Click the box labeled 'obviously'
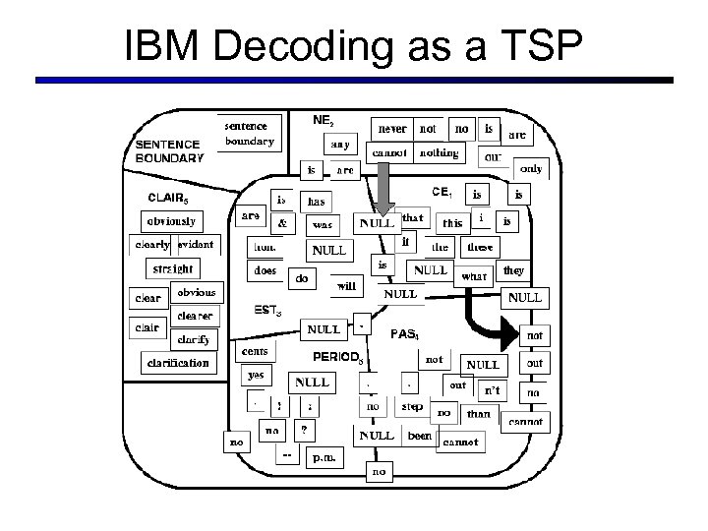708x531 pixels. pos(172,220)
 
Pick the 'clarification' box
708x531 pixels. pos(178,362)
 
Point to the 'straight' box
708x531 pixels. pos(171,267)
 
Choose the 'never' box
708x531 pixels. pos(392,128)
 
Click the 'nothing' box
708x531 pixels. pos(439,152)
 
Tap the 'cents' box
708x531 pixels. pos(259,351)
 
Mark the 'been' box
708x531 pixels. pos(420,435)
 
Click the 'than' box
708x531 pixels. pos(478,414)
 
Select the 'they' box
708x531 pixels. pos(513,269)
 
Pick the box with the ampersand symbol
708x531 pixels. pos(282,223)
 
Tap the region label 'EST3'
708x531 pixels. pos(268,311)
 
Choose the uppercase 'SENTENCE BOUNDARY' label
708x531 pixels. pos(169,150)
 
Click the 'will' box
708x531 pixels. pos(346,287)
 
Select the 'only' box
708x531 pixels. pos(532,168)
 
